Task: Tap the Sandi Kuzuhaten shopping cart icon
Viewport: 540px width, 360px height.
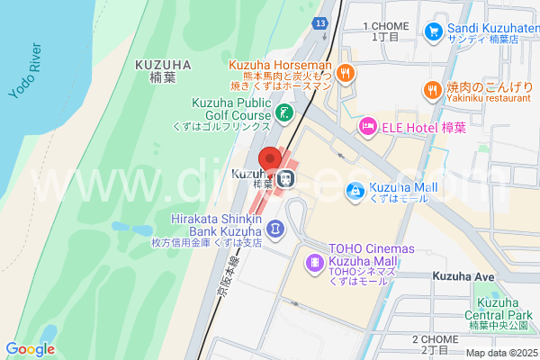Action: click(x=434, y=31)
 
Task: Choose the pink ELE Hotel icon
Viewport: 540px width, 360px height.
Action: click(x=368, y=127)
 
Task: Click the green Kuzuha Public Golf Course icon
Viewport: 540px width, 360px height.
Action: click(x=284, y=112)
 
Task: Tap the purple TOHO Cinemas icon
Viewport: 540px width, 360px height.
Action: click(x=315, y=262)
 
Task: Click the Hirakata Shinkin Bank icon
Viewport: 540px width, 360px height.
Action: click(x=275, y=229)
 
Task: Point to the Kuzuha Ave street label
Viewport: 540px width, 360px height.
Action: click(x=463, y=275)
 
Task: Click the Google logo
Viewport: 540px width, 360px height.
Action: click(x=30, y=349)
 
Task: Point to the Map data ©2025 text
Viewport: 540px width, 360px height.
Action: click(x=500, y=352)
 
